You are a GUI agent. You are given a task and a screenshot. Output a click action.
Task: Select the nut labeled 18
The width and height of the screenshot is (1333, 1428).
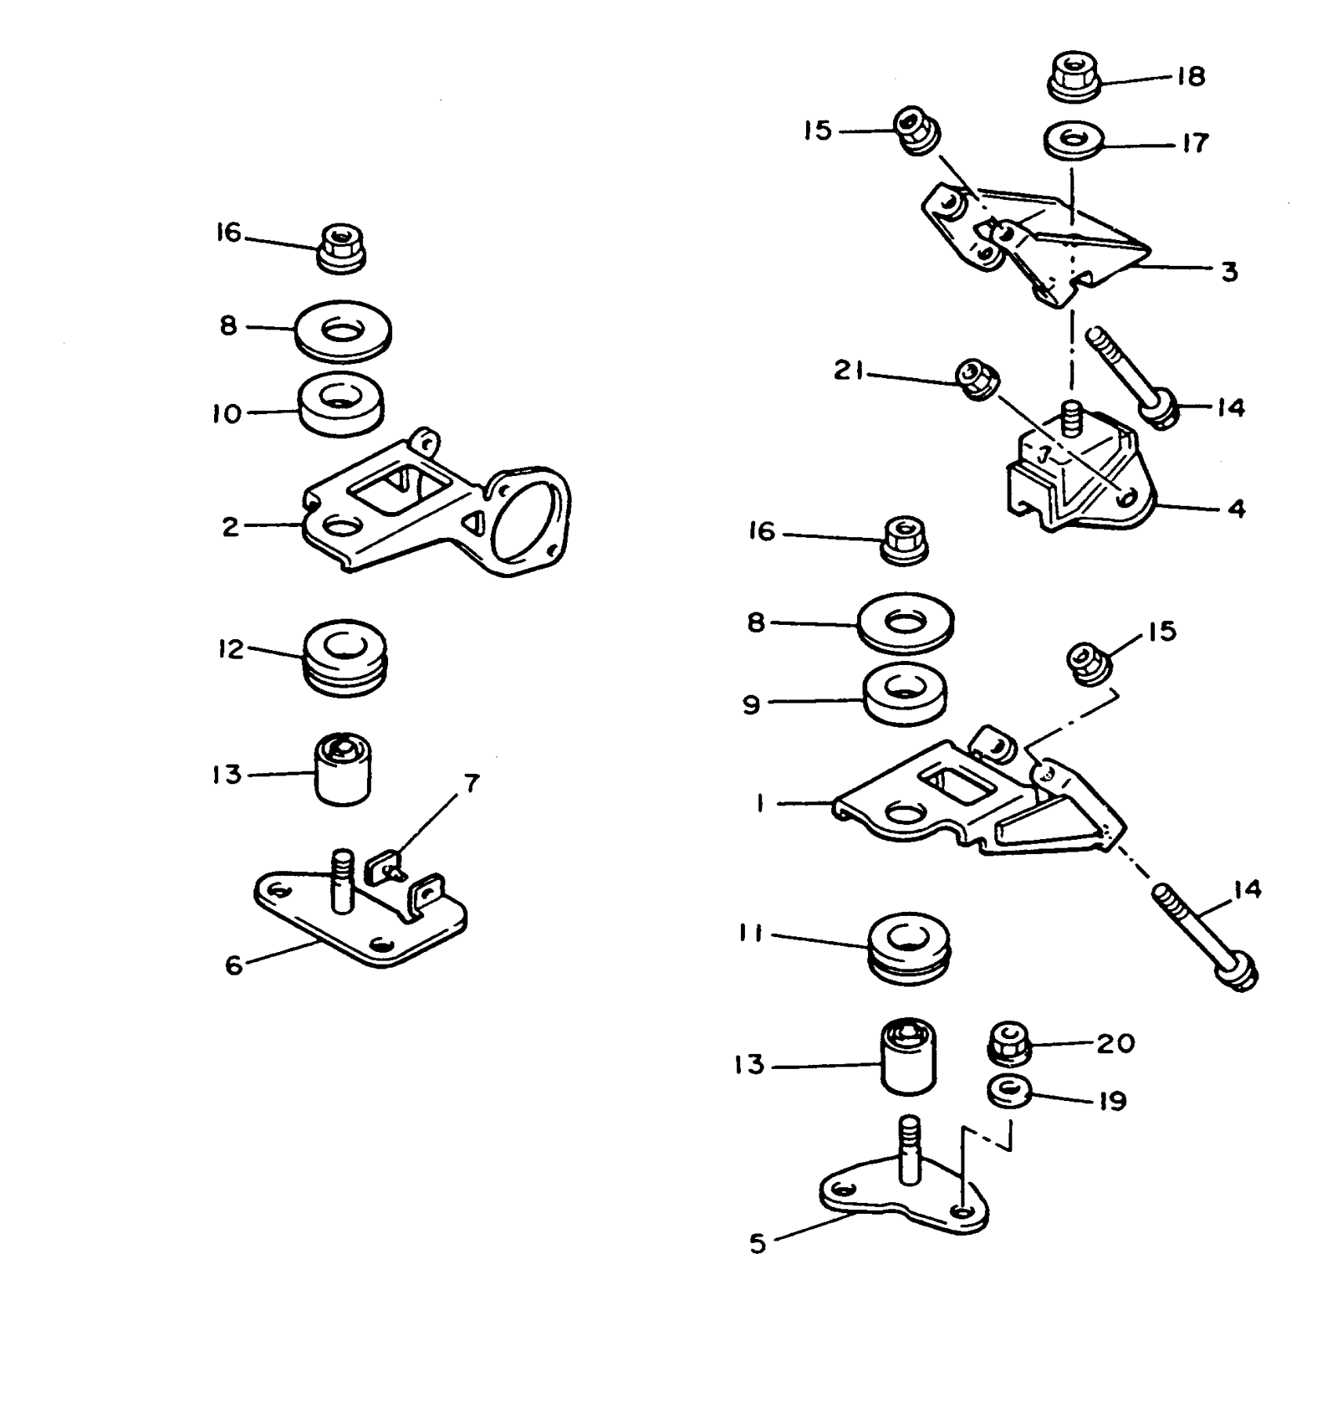coord(1072,77)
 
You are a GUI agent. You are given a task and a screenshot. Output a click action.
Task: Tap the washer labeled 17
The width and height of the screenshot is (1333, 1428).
coord(1073,141)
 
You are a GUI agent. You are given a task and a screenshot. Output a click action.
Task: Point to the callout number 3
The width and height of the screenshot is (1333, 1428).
coord(1229,271)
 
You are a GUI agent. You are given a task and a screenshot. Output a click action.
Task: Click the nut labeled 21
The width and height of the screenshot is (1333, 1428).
coord(978,380)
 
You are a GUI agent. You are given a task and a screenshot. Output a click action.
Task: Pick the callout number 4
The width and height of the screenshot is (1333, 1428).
coord(1236,509)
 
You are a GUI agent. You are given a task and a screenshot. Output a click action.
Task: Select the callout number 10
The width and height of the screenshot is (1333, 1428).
coord(227,413)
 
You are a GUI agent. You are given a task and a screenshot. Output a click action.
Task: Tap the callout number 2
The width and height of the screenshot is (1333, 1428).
coord(230,526)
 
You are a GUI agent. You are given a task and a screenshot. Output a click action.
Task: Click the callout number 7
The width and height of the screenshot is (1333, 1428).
coord(470,783)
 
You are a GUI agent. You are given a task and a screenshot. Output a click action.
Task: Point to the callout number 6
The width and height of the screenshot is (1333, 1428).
coord(234,965)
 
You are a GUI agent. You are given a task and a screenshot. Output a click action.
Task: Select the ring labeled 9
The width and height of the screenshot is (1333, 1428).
coord(905,695)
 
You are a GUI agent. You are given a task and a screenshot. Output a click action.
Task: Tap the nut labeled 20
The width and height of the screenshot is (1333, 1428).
coord(1010,1043)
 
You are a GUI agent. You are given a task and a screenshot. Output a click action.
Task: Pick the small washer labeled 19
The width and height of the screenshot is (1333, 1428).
coord(1010,1092)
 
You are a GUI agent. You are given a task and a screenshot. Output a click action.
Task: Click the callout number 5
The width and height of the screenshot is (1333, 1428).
coord(757,1244)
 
